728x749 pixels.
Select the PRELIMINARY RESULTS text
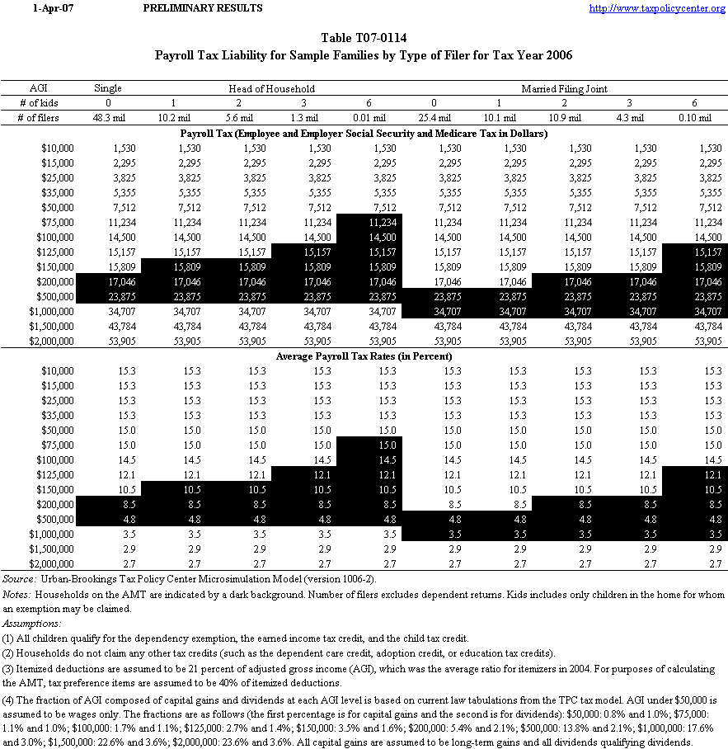pyautogui.click(x=203, y=8)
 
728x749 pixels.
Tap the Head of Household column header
pyautogui.click(x=272, y=88)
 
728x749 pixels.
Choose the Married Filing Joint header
pyautogui.click(x=565, y=88)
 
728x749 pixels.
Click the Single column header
pyautogui.click(x=108, y=88)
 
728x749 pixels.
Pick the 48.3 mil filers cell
pyautogui.click(x=108, y=118)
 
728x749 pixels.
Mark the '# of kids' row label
pyautogui.click(x=39, y=103)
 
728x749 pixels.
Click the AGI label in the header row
pyautogui.click(x=39, y=88)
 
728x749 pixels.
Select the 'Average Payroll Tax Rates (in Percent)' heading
pyautogui.click(x=364, y=356)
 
